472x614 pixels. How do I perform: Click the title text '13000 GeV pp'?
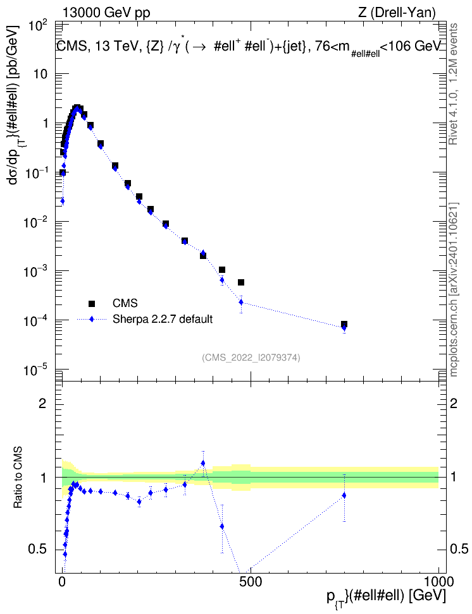click(106, 13)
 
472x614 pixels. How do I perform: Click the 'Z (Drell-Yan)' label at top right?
click(397, 13)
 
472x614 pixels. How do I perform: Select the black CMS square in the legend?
click(91, 303)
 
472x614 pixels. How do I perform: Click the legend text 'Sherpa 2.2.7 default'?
click(163, 319)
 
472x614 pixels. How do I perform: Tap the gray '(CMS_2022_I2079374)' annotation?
click(251, 358)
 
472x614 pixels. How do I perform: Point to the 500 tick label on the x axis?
click(251, 581)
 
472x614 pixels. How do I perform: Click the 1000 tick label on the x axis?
click(438, 581)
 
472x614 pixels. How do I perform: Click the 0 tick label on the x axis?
click(62, 581)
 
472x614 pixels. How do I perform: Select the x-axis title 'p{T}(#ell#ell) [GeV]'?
click(386, 597)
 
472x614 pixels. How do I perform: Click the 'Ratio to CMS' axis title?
click(18, 478)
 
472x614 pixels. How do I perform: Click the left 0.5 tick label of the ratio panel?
click(37, 550)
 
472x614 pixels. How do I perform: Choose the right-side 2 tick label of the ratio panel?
click(454, 403)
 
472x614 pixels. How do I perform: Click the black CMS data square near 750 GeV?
click(344, 324)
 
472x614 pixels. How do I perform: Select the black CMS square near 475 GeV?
click(241, 282)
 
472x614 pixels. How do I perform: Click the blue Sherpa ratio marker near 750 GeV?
click(344, 495)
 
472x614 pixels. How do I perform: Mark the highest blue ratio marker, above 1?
click(203, 463)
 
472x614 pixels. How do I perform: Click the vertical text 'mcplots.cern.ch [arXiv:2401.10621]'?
click(454, 289)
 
